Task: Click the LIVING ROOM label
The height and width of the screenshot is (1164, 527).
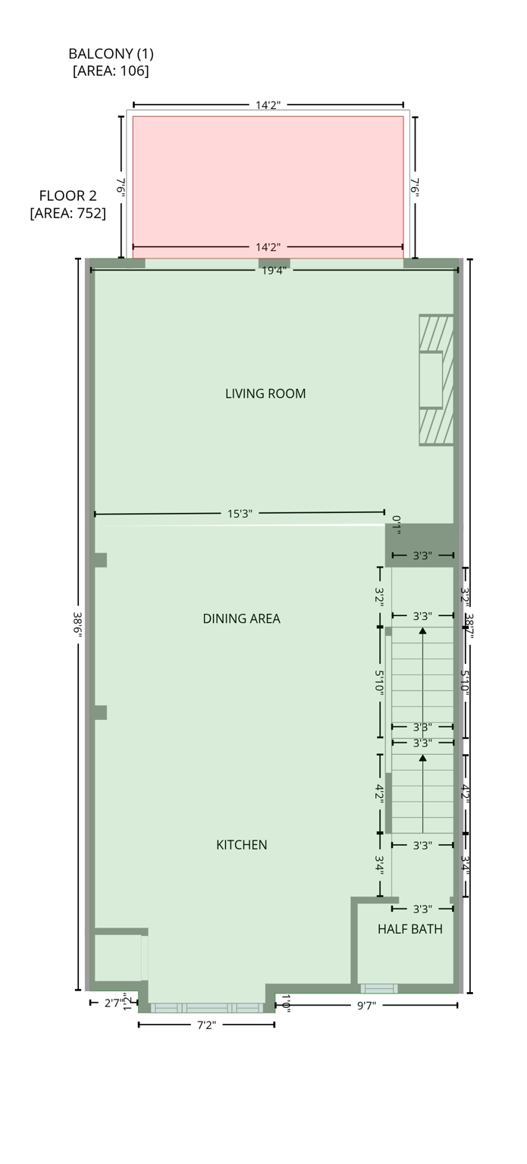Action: (x=265, y=394)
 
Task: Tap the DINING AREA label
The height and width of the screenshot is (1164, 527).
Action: (x=241, y=619)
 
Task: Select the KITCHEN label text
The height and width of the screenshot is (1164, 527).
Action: (x=242, y=845)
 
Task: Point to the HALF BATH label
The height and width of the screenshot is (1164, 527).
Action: (x=410, y=929)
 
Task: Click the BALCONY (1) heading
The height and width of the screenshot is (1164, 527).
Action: (x=111, y=54)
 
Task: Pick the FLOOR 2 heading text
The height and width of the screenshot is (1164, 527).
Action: (x=67, y=196)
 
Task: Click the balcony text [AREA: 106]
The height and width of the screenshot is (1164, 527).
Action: (x=111, y=71)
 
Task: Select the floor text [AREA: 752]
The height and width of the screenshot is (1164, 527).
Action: (x=67, y=214)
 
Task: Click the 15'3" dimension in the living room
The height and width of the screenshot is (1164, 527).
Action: (x=240, y=514)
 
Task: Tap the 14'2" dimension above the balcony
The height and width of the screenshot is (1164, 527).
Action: (x=268, y=105)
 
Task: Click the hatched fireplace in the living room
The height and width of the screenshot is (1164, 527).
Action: (x=437, y=380)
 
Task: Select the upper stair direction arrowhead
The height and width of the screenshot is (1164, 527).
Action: (x=422, y=630)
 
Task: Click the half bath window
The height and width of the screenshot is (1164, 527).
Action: (x=379, y=988)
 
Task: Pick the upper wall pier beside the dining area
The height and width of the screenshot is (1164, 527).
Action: (x=100, y=560)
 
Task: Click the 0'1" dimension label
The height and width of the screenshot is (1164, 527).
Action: (x=397, y=523)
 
